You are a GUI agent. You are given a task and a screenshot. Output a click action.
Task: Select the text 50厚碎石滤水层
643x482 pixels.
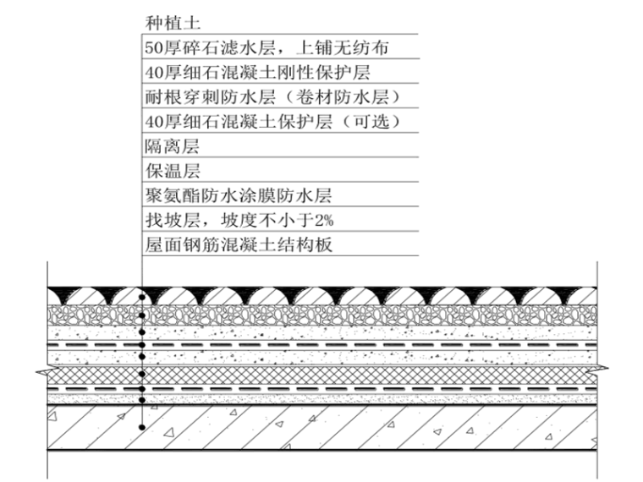198,48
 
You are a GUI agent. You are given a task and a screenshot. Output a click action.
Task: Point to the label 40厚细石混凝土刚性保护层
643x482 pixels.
263,73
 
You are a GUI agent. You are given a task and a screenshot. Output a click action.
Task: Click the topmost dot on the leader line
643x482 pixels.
142,297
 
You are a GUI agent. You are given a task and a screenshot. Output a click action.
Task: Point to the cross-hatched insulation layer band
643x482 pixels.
338,374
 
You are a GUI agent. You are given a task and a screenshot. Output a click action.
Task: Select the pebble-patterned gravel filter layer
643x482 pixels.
338,316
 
